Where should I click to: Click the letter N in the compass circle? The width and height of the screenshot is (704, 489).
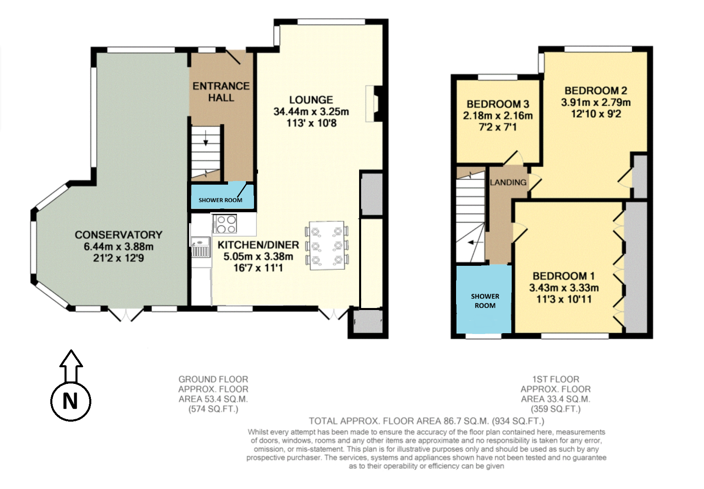click(x=70, y=401)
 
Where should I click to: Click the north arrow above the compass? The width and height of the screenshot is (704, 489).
click(x=71, y=366)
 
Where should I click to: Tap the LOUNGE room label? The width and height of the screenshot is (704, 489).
click(x=311, y=100)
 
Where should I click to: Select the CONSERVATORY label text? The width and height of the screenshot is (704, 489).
click(x=118, y=235)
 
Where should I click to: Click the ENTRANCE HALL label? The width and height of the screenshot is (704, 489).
click(x=221, y=92)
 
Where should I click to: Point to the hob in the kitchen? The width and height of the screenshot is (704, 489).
click(x=225, y=224)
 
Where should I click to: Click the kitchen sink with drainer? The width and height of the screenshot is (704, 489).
click(x=200, y=247)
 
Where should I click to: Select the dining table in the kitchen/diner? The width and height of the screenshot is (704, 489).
click(x=327, y=246)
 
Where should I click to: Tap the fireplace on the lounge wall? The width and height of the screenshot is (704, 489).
click(x=374, y=103)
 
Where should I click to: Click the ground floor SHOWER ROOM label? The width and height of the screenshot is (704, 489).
click(x=220, y=200)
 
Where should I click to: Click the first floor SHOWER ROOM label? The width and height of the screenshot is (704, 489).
click(x=485, y=301)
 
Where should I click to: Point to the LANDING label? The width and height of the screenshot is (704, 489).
click(x=508, y=183)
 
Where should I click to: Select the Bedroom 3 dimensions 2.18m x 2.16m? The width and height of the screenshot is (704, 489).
click(x=498, y=116)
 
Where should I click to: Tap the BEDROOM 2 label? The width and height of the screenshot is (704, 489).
click(x=596, y=90)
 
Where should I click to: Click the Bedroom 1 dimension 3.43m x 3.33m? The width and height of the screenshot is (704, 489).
click(x=564, y=288)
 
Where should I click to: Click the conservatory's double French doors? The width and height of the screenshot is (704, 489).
click(x=126, y=315)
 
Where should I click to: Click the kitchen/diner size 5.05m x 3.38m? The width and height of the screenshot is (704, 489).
click(x=258, y=256)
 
